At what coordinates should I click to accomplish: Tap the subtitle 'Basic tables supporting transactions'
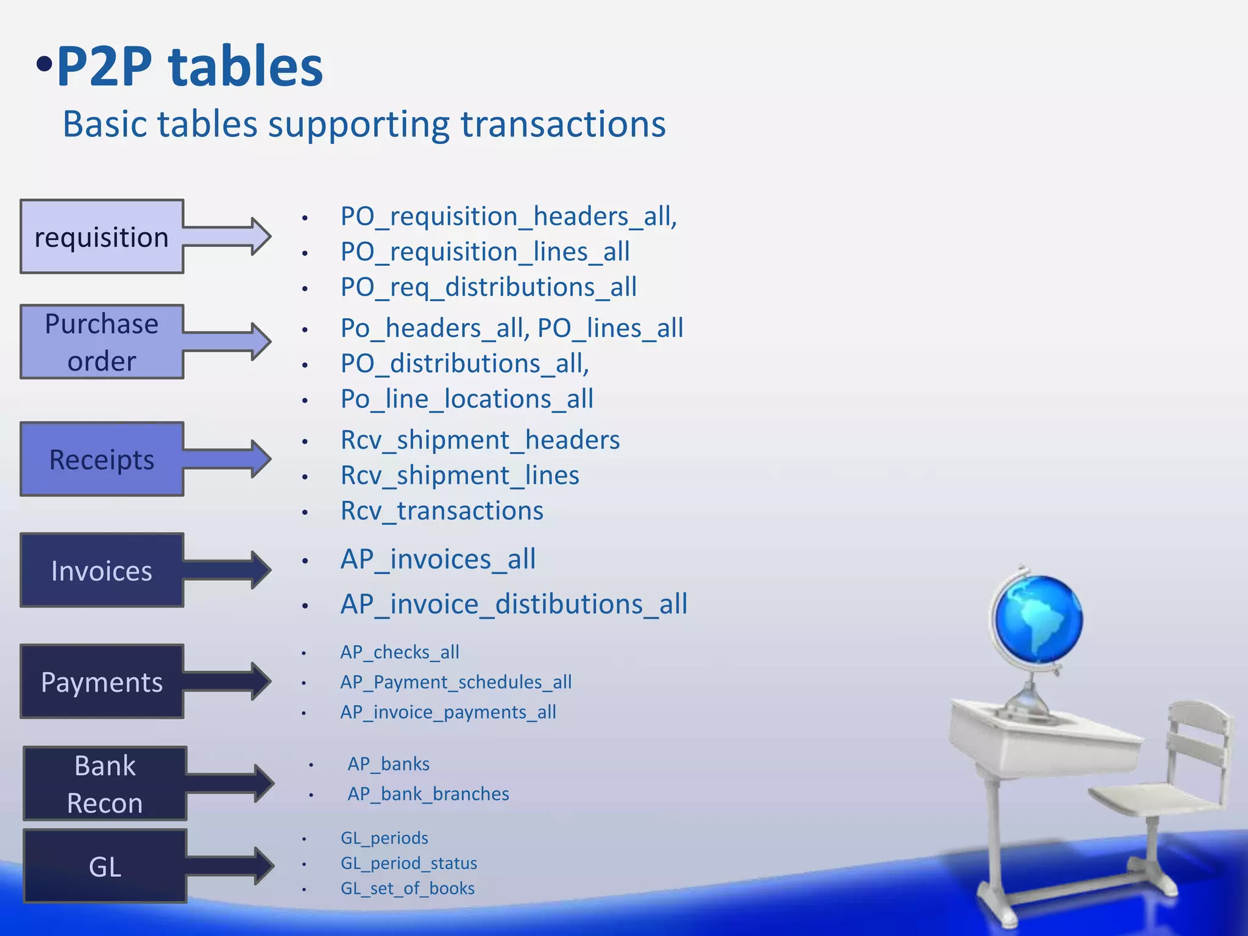[364, 124]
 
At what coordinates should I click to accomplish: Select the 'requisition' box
[102, 236]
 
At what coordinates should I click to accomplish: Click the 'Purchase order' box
[102, 342]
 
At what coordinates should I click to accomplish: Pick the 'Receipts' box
[102, 459]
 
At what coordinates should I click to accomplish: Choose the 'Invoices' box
[102, 570]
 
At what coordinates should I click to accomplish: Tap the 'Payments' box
[102, 681]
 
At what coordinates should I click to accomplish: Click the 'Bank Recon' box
[105, 784]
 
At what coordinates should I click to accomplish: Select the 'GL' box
[105, 866]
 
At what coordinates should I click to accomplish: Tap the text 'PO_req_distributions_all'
[488, 287]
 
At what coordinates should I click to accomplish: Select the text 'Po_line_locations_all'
[467, 399]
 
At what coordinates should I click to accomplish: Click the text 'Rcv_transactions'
[442, 511]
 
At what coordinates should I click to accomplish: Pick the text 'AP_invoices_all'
[438, 559]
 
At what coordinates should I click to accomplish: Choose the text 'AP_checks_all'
[400, 652]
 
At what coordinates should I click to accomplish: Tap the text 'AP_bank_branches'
[428, 794]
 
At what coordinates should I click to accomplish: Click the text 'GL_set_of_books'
[407, 888]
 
